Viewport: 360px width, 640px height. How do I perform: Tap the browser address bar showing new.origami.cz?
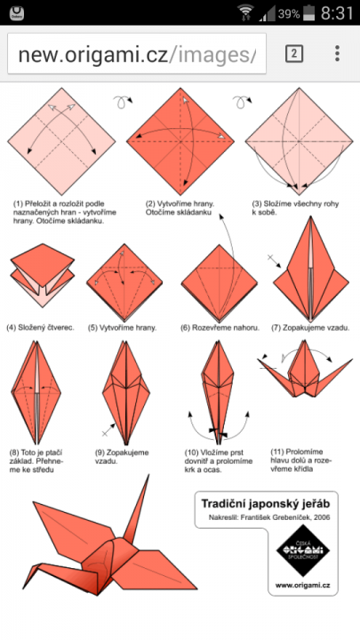[137, 54]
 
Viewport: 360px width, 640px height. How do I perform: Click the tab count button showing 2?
[294, 53]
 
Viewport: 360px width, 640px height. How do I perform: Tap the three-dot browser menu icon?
[337, 53]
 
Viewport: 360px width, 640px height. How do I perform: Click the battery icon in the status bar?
[309, 13]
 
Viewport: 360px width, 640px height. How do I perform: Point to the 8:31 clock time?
[337, 13]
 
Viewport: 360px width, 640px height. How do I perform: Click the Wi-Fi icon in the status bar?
[245, 12]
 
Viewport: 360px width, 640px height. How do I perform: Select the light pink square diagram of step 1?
[61, 141]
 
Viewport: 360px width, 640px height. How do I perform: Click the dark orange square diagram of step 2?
[180, 141]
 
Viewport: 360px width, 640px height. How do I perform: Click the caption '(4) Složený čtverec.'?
[40, 327]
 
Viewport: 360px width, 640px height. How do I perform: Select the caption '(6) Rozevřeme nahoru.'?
[220, 327]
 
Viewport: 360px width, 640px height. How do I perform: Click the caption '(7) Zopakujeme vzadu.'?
[310, 327]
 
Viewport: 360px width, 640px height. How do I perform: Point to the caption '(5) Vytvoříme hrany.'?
[123, 327]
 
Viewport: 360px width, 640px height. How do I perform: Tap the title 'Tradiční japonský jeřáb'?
[265, 504]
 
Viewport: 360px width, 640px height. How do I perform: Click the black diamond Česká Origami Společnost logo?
[303, 550]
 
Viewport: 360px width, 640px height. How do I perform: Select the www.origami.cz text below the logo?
[302, 586]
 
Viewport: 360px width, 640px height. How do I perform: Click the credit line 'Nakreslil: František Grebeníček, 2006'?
[269, 518]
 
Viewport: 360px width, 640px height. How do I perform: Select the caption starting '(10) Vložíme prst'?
[219, 461]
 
